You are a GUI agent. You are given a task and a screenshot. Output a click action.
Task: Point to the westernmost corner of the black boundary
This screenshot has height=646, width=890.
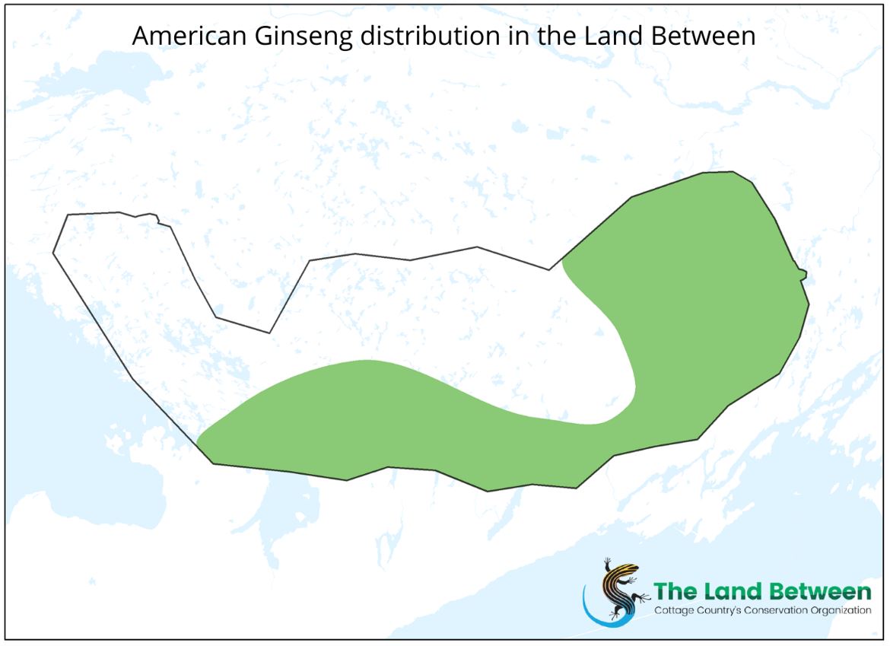click(53, 252)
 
